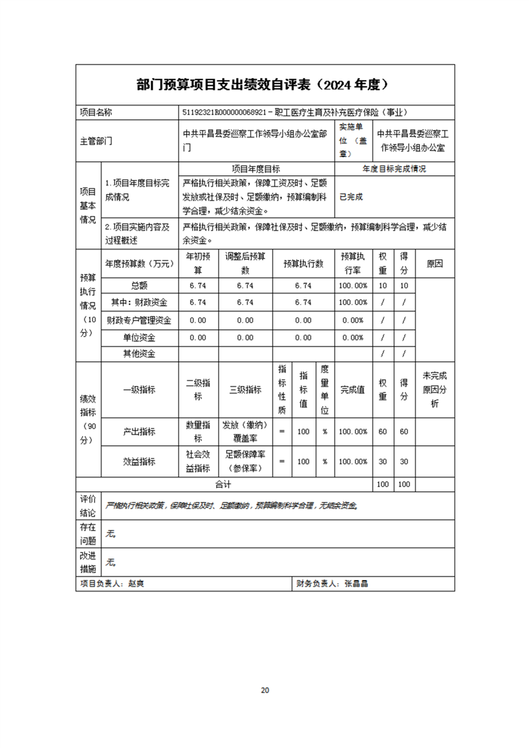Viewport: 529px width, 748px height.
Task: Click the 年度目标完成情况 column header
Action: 394,169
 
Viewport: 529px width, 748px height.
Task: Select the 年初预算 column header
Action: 198,263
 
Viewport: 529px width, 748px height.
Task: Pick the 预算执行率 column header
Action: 352,263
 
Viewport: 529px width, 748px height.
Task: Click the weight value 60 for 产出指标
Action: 382,431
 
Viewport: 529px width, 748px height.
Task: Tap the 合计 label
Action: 223,484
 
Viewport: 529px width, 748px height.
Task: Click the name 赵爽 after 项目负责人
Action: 136,583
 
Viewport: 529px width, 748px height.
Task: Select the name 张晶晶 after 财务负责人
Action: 357,583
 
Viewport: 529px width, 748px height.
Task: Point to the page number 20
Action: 265,689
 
